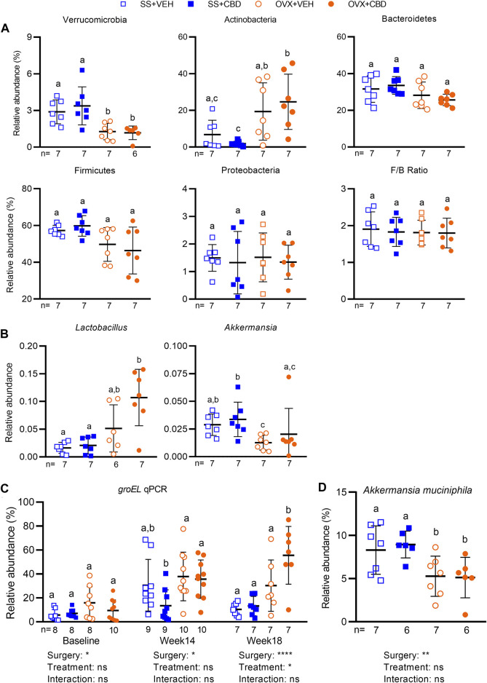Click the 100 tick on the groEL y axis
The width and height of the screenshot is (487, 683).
44,502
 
